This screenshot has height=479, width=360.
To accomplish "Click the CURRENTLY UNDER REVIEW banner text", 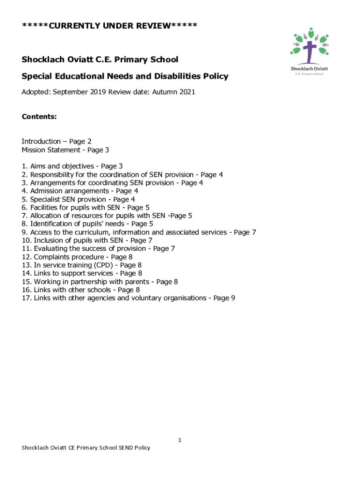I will pyautogui.click(x=109, y=25).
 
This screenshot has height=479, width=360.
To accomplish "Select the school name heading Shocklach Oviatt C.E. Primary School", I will pyautogui.click(x=100, y=59).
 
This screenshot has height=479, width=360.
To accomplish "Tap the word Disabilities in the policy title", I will pyautogui.click(x=180, y=76).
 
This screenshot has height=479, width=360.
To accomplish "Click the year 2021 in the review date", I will pyautogui.click(x=186, y=92).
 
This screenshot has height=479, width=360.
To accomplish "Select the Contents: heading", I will pyautogui.click(x=39, y=117).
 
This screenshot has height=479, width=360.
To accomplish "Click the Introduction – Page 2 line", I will pyautogui.click(x=57, y=141).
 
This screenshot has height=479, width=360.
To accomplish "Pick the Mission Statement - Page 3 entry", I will pyautogui.click(x=65, y=150).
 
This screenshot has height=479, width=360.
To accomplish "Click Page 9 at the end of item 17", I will pyautogui.click(x=224, y=298).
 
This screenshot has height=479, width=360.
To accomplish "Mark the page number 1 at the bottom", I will pyautogui.click(x=180, y=440).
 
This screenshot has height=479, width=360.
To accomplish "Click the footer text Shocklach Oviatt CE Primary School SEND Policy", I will pyautogui.click(x=86, y=448).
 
